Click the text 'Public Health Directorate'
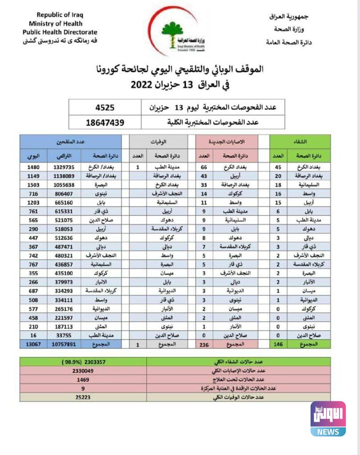tap(60, 32)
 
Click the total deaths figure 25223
tap(83, 397)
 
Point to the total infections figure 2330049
tap(83, 371)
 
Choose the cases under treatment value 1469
tap(83, 379)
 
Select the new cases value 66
tap(204, 167)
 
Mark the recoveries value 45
tap(278, 167)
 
